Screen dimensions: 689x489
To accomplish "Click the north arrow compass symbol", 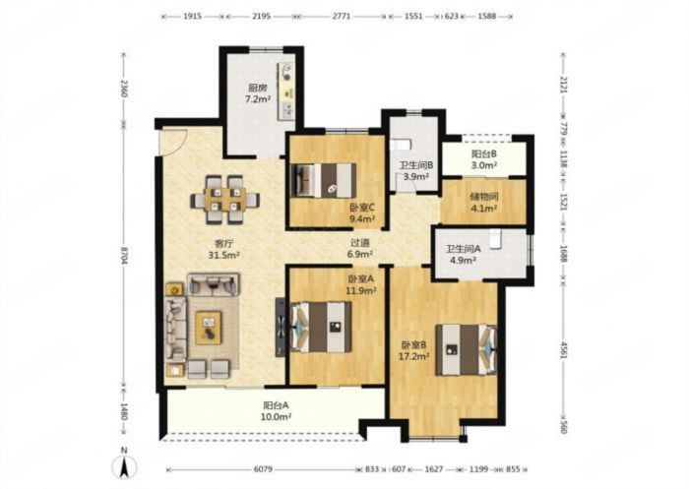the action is point(125,464).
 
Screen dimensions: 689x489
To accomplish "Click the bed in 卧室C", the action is point(324,180).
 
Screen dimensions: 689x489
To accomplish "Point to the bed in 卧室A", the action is point(321,327).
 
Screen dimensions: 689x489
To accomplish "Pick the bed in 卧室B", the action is point(467,349).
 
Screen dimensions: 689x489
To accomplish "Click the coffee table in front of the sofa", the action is point(209,328).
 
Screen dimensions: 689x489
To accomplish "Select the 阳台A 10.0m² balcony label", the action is point(277,411).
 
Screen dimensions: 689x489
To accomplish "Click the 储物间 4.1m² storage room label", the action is point(483,202).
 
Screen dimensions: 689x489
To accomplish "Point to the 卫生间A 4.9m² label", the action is point(463,255).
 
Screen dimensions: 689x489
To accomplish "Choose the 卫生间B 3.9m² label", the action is point(416,171).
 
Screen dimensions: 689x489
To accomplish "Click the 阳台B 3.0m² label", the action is point(484,159).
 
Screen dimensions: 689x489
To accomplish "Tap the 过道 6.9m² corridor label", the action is point(360,248).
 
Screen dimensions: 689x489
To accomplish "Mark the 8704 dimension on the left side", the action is point(125,256).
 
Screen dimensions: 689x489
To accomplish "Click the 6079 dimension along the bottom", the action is point(263,469).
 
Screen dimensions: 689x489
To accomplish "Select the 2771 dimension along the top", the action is point(341,17).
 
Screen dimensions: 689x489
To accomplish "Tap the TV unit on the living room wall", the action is point(281,328).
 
